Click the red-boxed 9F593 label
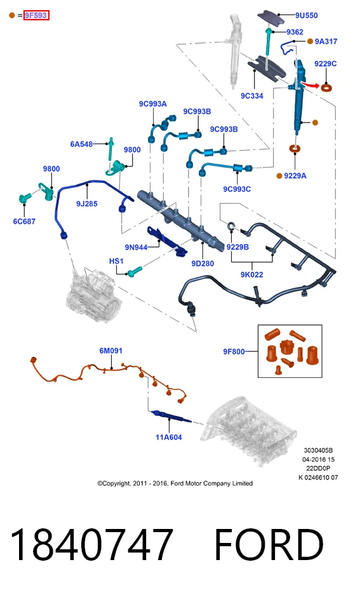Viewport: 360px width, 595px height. click(x=36, y=15)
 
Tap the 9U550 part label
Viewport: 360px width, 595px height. click(x=307, y=15)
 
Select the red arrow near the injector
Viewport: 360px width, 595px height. click(x=310, y=84)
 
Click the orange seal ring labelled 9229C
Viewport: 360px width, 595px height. click(x=326, y=88)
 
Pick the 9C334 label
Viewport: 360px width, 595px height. click(x=252, y=96)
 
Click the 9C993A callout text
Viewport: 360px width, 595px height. click(x=152, y=104)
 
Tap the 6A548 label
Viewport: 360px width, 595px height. click(x=81, y=144)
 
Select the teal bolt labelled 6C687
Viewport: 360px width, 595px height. click(x=26, y=198)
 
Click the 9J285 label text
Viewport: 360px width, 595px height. click(x=87, y=204)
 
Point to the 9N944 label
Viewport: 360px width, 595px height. click(x=136, y=248)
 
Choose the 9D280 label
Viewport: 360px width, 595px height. click(x=203, y=264)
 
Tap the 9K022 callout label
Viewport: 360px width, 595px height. click(x=252, y=274)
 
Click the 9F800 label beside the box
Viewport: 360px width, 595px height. click(x=234, y=352)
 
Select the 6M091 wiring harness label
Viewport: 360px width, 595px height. click(x=110, y=351)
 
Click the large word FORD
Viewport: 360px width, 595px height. click(x=269, y=544)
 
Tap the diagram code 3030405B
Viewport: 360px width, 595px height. click(x=318, y=450)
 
